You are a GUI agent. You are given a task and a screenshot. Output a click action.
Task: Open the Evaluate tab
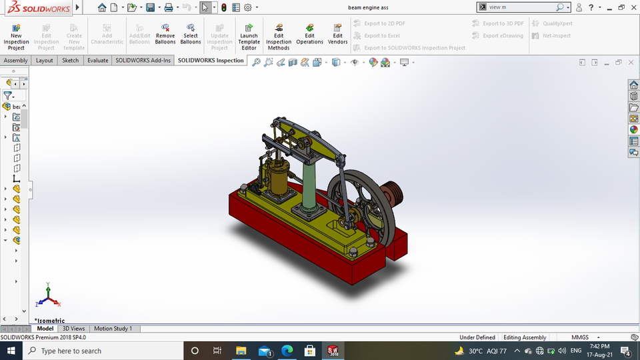[x=97, y=61]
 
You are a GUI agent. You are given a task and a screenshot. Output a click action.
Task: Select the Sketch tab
[x=70, y=61]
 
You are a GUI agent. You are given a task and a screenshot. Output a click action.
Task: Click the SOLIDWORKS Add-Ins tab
[x=143, y=61]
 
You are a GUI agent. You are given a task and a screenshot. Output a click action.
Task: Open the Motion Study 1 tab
[x=113, y=329]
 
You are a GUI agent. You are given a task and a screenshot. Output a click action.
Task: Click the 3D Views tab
[x=73, y=329]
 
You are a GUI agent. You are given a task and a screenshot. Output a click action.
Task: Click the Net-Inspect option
[x=551, y=36]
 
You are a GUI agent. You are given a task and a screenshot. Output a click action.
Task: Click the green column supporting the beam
[x=311, y=187]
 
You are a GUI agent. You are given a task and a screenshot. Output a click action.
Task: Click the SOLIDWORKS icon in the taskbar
[x=333, y=351]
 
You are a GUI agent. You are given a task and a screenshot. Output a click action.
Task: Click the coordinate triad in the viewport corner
[x=48, y=296]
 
